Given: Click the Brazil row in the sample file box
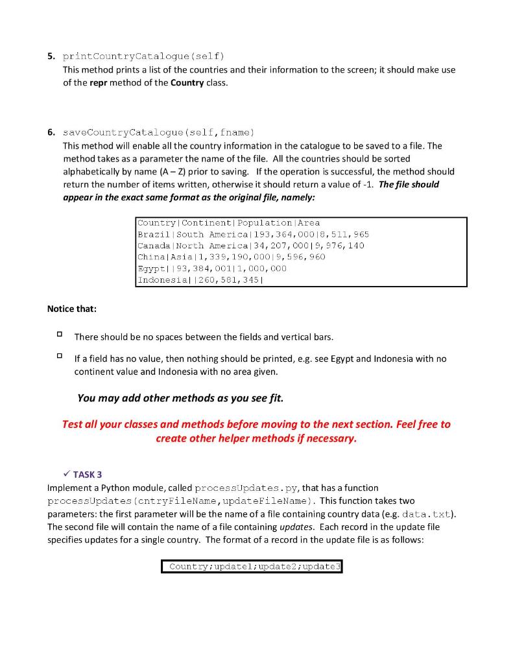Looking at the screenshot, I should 253,234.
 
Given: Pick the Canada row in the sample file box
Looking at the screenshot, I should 250,246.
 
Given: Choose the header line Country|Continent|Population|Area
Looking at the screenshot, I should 228,222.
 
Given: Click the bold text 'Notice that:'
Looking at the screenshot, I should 71,309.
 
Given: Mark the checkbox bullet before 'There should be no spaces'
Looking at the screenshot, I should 58,336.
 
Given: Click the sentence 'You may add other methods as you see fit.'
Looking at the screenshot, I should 180,398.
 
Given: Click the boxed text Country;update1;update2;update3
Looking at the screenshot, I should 252,567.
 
